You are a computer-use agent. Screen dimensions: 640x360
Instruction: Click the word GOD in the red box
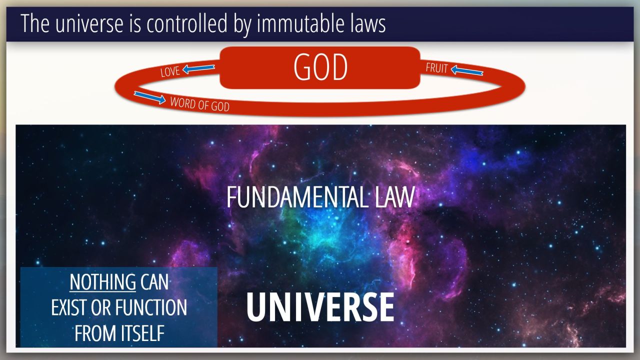320,67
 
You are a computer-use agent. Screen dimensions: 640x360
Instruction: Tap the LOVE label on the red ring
170,71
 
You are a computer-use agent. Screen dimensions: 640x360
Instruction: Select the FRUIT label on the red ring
436,68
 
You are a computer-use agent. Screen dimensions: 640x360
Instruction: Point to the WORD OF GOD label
199,104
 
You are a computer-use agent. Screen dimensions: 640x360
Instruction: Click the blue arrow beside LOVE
198,68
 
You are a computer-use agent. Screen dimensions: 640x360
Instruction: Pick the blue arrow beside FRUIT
467,70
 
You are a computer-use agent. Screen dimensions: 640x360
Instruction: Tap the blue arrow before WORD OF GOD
149,97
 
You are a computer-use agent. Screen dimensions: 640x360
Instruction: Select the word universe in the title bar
89,23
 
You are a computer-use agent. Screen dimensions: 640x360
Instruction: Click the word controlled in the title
187,23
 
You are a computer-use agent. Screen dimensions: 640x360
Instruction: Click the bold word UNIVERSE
320,307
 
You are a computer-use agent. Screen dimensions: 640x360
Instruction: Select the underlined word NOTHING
103,282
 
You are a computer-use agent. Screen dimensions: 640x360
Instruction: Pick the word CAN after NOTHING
154,282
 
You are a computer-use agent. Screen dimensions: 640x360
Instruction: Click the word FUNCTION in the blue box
151,307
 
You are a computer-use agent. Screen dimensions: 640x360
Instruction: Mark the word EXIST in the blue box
69,307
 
